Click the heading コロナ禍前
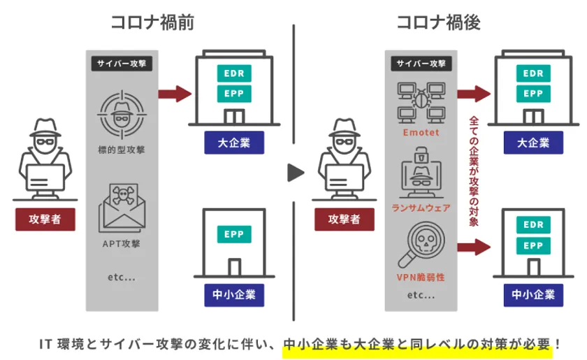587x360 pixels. tap(152, 22)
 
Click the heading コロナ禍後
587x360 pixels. tap(438, 22)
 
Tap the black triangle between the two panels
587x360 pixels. tap(296, 172)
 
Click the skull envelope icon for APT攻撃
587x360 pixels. tap(122, 207)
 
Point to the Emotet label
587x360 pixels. tap(421, 132)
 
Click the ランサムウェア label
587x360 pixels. tap(421, 208)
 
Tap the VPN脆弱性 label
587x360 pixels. tap(421, 277)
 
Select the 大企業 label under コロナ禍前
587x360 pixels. tap(233, 143)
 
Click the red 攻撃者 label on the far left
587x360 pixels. tap(45, 219)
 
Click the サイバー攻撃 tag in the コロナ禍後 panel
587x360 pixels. tap(421, 63)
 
